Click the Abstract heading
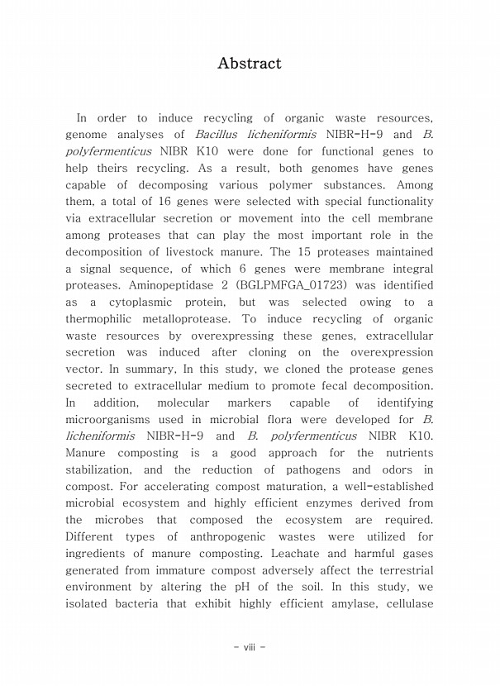[249, 64]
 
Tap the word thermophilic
[106, 319]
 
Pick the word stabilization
[104, 469]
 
